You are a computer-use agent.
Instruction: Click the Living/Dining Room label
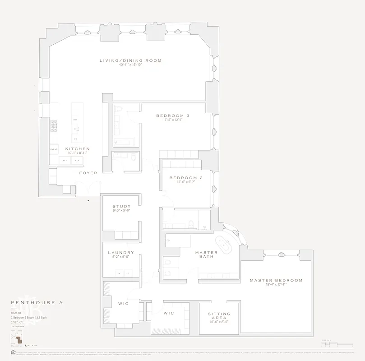[x=130, y=60]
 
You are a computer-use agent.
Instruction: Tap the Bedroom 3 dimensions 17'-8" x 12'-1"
[x=172, y=120]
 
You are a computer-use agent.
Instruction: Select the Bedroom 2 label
[x=185, y=178]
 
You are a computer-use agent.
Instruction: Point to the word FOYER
[x=88, y=173]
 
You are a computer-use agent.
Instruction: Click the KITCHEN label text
[x=77, y=149]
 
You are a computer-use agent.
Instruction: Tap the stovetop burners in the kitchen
[x=53, y=125]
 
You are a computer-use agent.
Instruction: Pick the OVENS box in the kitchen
[x=54, y=149]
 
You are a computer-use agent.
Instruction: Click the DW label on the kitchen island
[x=75, y=120]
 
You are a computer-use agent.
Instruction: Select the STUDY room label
[x=121, y=207]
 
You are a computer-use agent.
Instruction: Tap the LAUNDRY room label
[x=121, y=253]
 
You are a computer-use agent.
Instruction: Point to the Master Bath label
[x=206, y=255]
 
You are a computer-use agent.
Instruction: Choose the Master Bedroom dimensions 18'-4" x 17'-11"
[x=276, y=285]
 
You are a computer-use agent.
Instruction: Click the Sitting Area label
[x=219, y=316]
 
